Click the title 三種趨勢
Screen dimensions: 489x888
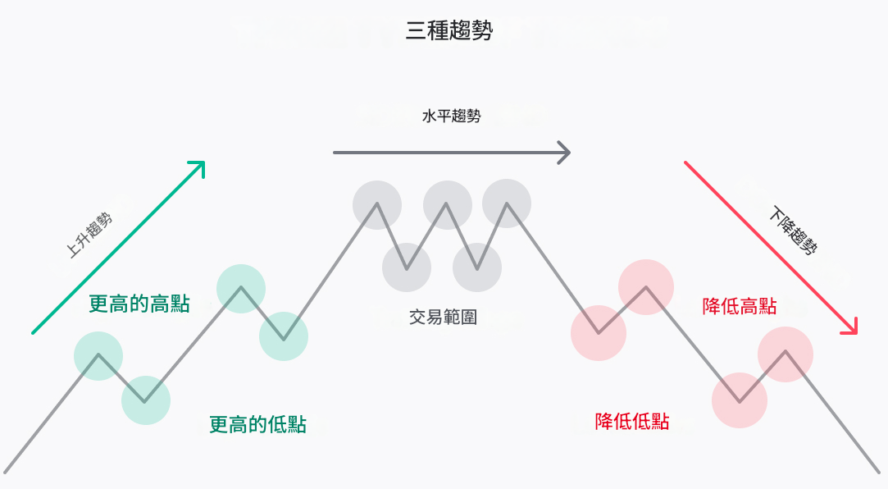(449, 31)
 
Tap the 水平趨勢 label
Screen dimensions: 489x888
(451, 117)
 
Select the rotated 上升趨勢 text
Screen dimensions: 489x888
(89, 235)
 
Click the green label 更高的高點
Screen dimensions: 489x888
(139, 304)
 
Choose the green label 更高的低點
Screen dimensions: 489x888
(257, 424)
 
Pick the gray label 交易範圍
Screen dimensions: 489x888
(443, 317)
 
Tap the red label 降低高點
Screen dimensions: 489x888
(740, 307)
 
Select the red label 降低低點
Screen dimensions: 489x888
(632, 422)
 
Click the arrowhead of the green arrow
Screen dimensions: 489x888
(199, 165)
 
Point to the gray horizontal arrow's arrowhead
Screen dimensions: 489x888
(565, 152)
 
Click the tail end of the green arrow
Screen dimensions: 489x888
(34, 332)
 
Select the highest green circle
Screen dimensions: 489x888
(241, 288)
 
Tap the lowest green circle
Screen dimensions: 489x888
(146, 400)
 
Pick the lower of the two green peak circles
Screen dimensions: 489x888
(98, 356)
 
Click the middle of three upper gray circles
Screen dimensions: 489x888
(448, 204)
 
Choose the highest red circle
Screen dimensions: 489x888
(646, 287)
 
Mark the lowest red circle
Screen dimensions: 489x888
(740, 400)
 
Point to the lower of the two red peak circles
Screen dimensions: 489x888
(786, 354)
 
